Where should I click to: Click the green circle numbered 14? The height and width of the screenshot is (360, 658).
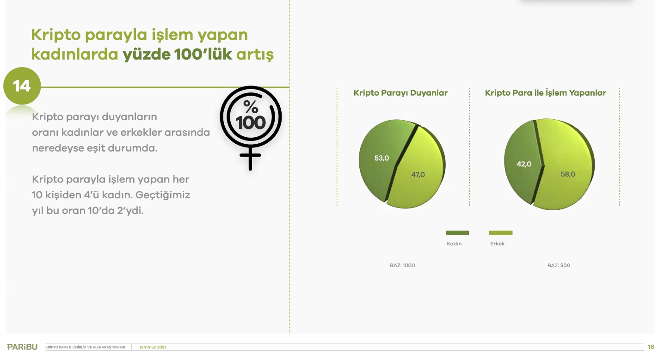(22, 86)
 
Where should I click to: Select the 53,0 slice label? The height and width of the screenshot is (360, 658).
(381, 158)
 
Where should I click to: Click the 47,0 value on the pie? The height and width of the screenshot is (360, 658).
(418, 175)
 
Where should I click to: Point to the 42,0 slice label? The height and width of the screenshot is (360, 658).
(524, 164)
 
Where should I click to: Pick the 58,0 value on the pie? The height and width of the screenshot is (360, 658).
(568, 174)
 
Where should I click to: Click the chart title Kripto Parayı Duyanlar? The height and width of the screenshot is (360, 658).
(400, 93)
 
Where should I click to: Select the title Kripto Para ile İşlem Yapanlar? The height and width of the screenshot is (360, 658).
(545, 93)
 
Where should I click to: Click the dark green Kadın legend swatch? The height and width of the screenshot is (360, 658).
(457, 232)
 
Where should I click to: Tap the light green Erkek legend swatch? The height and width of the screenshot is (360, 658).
(500, 232)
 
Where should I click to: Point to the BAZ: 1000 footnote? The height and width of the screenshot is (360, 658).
(402, 266)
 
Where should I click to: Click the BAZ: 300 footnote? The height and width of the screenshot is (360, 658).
(559, 266)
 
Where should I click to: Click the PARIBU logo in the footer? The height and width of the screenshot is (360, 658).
(22, 347)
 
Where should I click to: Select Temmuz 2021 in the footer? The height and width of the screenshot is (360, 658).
(152, 347)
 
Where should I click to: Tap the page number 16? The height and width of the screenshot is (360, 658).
(651, 347)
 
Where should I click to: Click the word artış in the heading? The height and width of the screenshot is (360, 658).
(255, 55)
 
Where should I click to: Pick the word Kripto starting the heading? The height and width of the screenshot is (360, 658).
(58, 35)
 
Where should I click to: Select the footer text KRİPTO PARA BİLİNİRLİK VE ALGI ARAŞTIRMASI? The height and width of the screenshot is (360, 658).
(86, 347)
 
